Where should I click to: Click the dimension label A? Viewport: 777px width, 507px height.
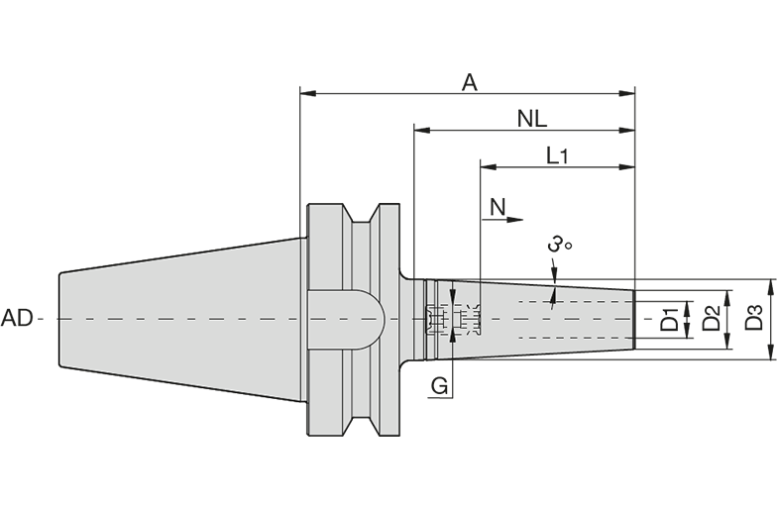[470, 83]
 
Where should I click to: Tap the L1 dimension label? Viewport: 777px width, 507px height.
[557, 155]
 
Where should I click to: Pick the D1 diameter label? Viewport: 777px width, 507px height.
[670, 319]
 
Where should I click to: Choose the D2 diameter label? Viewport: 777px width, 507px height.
[712, 318]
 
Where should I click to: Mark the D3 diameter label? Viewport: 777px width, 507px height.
[753, 318]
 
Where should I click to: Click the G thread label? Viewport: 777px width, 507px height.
[439, 385]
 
